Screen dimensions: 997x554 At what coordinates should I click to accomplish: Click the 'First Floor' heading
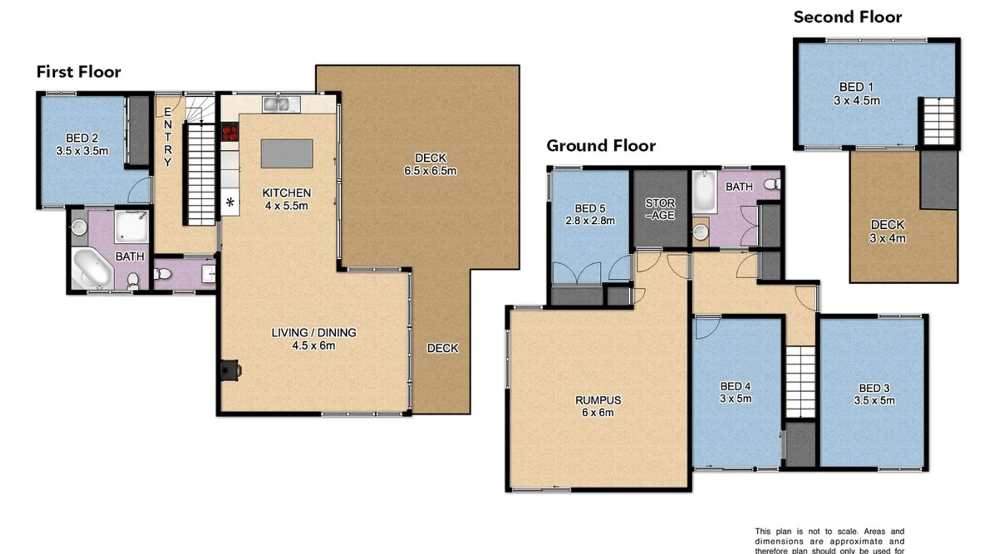click(x=79, y=72)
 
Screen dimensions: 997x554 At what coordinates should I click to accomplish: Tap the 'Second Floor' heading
click(x=847, y=17)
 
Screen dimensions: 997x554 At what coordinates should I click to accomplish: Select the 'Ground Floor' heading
click(x=601, y=146)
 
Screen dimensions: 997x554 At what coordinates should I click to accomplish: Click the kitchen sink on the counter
click(x=281, y=104)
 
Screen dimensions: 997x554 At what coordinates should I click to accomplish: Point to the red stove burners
click(x=230, y=132)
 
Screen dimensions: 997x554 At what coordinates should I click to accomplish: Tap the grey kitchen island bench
click(x=287, y=153)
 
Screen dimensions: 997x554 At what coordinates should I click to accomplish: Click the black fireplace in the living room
click(x=230, y=370)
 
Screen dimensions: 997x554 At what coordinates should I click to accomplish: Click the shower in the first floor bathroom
click(x=131, y=226)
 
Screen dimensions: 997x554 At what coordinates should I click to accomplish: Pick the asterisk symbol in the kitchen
click(x=230, y=202)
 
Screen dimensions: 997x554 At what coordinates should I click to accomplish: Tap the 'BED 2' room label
click(x=82, y=138)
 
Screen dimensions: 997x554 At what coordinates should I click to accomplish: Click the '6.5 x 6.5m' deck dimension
click(x=430, y=171)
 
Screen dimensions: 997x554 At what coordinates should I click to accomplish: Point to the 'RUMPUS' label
click(x=598, y=400)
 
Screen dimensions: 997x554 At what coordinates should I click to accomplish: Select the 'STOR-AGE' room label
click(x=660, y=209)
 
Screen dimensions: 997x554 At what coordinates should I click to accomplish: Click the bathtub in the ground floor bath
click(x=705, y=191)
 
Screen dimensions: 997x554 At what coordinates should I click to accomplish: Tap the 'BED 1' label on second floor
click(x=856, y=87)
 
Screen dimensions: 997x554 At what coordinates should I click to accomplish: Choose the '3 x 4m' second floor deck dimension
click(x=887, y=239)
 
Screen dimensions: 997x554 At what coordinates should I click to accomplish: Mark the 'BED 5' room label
click(x=590, y=208)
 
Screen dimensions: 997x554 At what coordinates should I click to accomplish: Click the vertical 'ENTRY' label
click(x=168, y=137)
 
